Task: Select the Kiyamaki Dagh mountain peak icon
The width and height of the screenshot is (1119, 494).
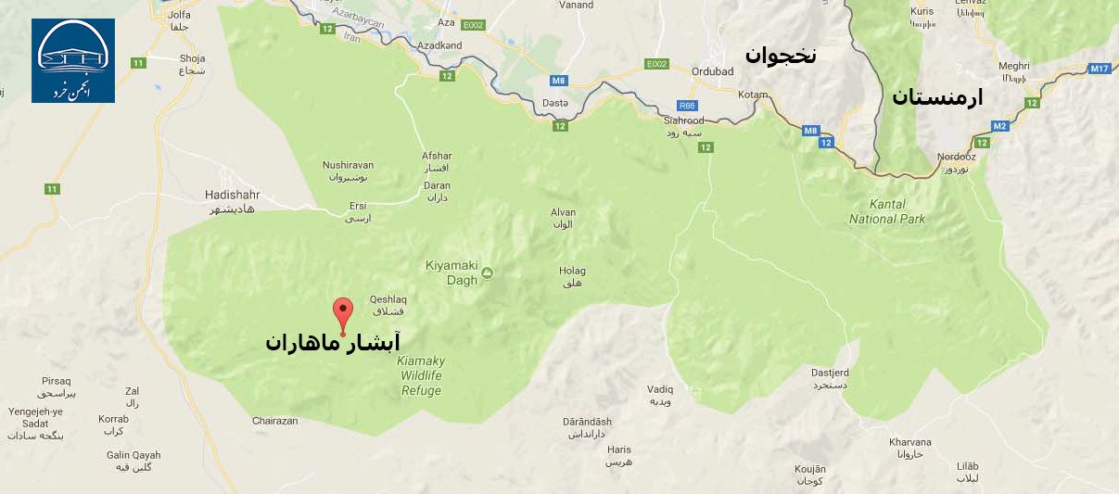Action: point(489,272)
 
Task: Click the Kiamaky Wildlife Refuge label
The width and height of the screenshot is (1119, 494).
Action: point(421,375)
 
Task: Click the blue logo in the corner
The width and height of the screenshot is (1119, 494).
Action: point(73,60)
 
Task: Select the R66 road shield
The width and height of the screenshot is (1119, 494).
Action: point(687,106)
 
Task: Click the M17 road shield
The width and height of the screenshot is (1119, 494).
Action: point(1100,69)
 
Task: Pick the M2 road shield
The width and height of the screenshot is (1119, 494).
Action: point(999,126)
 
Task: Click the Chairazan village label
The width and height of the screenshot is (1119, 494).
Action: point(275,421)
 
